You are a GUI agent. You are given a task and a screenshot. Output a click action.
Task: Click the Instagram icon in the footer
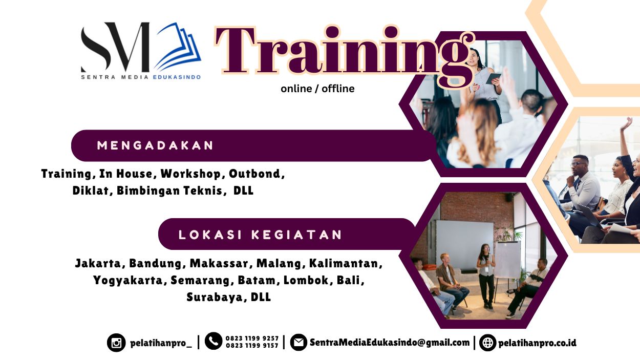click(116, 343)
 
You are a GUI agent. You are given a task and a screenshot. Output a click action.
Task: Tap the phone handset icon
click(214, 341)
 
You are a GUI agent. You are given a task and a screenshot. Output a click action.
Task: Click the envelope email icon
click(298, 342)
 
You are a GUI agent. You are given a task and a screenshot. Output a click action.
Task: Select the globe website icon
click(488, 343)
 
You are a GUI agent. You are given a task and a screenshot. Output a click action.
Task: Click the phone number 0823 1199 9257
click(252, 338)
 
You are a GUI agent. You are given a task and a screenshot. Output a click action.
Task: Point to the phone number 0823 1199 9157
click(252, 346)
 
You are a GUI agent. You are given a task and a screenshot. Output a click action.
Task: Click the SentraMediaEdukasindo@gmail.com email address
click(390, 343)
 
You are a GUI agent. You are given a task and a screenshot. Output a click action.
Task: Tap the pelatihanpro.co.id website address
click(537, 343)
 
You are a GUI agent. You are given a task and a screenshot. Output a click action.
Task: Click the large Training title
click(344, 54)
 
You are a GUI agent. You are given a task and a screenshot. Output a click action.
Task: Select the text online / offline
click(317, 89)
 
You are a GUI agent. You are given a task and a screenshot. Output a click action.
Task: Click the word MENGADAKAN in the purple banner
click(155, 145)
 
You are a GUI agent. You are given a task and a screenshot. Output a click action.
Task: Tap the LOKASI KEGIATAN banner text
click(260, 235)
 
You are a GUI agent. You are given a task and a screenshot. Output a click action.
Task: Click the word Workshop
click(190, 174)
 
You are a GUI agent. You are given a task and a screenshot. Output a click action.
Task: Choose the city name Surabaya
click(215, 297)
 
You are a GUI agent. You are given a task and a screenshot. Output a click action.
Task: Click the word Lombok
click(306, 280)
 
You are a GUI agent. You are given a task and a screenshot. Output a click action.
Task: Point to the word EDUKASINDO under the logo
click(177, 77)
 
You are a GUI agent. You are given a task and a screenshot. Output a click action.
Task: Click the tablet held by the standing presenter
click(493, 78)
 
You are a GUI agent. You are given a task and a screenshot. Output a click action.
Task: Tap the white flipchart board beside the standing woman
click(507, 260)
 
